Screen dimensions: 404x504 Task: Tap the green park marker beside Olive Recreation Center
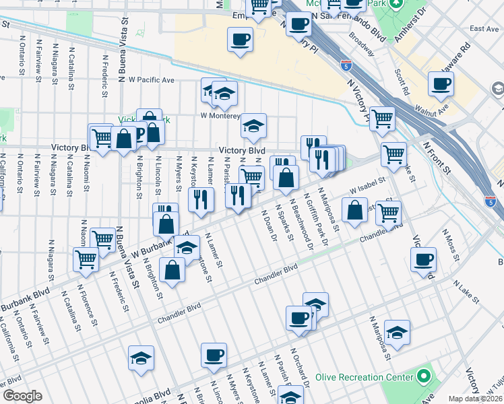pyautogui.click(x=423, y=375)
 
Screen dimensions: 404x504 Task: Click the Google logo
pyautogui.click(x=22, y=396)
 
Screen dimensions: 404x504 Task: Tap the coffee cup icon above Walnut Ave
pyautogui.click(x=441, y=84)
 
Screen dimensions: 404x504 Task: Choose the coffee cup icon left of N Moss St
pyautogui.click(x=424, y=260)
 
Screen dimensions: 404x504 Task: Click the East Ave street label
pyautogui.click(x=484, y=29)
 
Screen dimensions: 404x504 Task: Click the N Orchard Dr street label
pyautogui.click(x=300, y=366)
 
